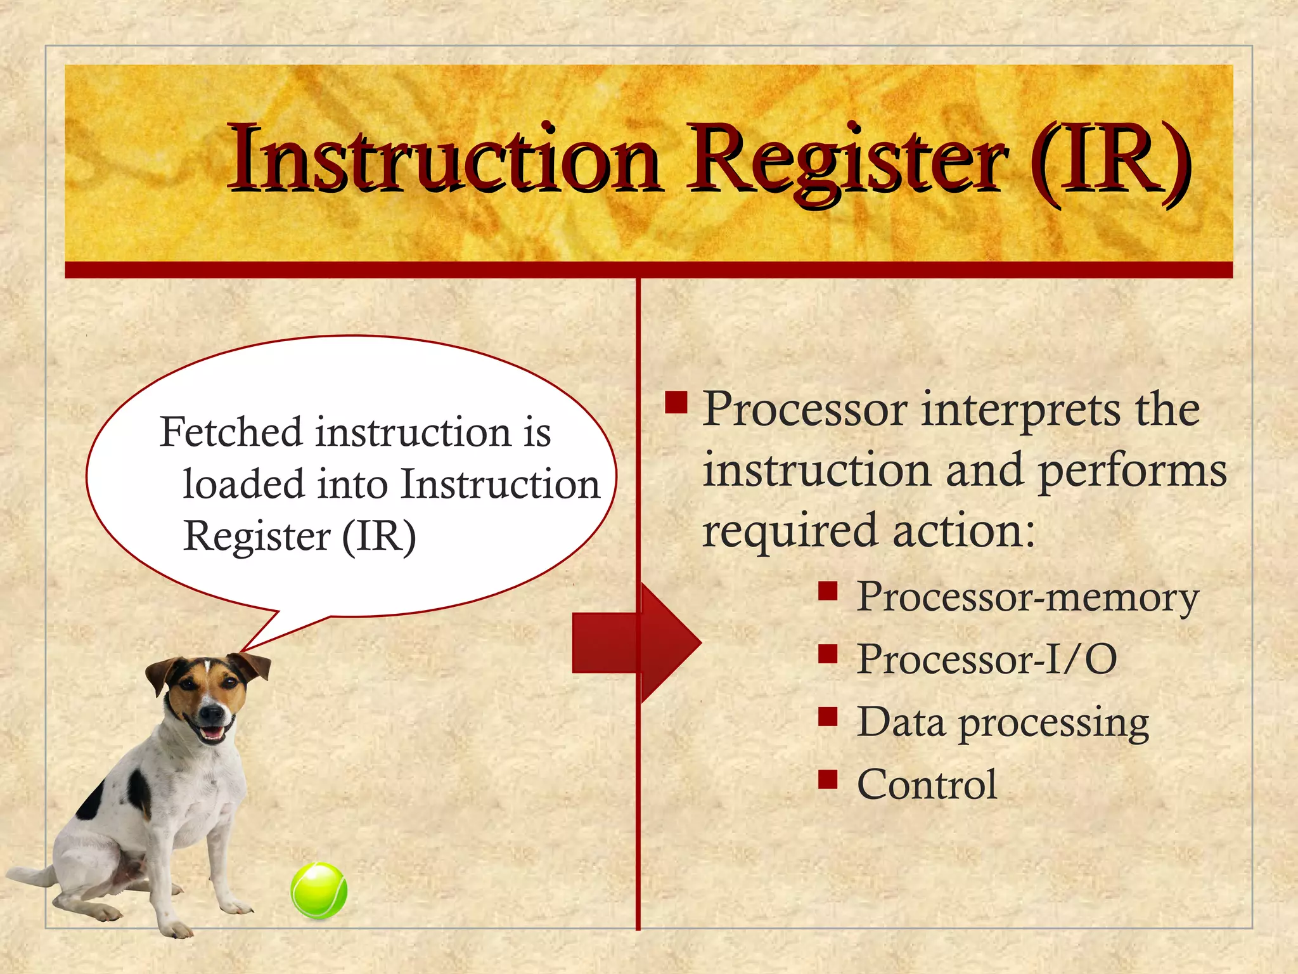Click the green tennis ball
point(319,890)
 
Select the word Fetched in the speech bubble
point(231,432)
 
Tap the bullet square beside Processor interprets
point(676,402)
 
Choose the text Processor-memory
point(1027,597)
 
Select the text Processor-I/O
point(986,659)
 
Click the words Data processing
point(1003,723)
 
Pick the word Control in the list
point(927,785)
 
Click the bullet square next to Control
point(828,778)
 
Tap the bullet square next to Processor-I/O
point(828,653)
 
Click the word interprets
point(1020,411)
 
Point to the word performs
point(1133,472)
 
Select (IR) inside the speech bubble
point(379,536)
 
